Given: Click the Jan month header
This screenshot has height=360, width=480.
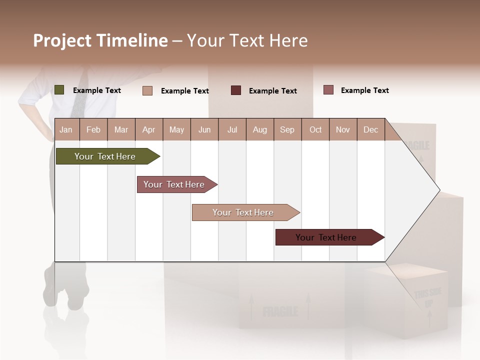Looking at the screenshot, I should (x=66, y=130).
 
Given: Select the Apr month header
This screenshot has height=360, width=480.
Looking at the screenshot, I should (x=148, y=130).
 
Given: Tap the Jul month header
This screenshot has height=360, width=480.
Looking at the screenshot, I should (x=232, y=130).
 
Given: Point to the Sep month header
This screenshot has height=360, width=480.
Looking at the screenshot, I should (x=287, y=130).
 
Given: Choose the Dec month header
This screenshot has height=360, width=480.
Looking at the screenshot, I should (x=370, y=130).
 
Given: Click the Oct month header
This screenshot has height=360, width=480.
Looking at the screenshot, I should (x=315, y=130).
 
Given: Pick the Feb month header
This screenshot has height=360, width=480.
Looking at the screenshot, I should (x=93, y=130).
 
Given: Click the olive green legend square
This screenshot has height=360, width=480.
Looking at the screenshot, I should (x=59, y=90).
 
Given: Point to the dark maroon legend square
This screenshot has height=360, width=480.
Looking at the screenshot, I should (x=236, y=90).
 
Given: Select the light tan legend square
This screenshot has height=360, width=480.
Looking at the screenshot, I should (x=147, y=90).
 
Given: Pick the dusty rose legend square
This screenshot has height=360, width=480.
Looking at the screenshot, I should (x=328, y=90).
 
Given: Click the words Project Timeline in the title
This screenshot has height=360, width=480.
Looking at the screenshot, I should (x=100, y=40).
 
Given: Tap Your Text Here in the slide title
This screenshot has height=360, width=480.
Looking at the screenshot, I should (x=247, y=40).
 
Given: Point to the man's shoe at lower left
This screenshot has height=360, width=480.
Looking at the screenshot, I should (x=76, y=295).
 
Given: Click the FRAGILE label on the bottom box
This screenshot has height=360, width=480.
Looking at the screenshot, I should (x=280, y=312).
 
